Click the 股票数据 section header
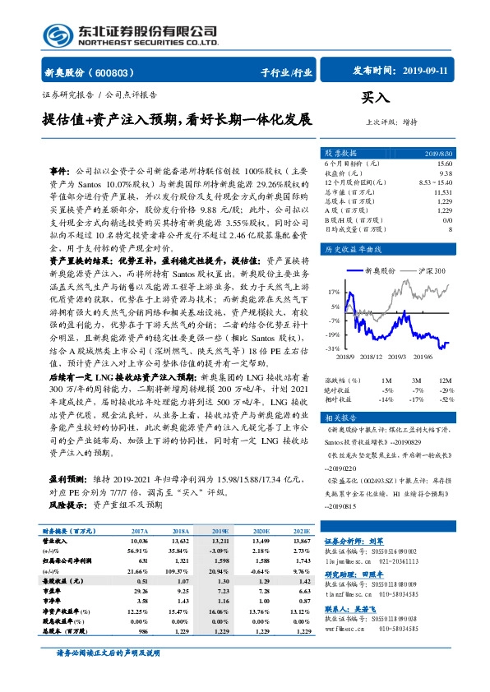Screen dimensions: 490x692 pyautogui.click(x=340, y=153)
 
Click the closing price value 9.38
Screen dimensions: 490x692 pyautogui.click(x=445, y=173)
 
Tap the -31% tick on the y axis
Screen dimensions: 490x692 pyautogui.click(x=333, y=349)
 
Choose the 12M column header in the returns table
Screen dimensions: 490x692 pyautogui.click(x=445, y=381)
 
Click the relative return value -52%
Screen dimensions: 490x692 pyautogui.click(x=445, y=399)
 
